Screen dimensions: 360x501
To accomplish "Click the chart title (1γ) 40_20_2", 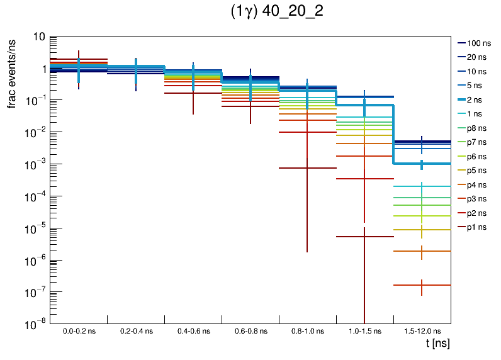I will tap(278, 13).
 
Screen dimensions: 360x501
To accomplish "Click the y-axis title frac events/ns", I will tap(12, 72).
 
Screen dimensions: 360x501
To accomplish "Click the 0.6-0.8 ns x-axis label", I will tap(250, 330).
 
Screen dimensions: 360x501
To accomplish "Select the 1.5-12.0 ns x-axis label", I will tap(422, 330).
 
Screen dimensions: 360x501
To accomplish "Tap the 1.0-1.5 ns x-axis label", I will tap(364, 330).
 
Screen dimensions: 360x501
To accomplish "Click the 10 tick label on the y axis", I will tap(38, 37).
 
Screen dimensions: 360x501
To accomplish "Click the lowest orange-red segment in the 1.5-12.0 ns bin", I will tap(409, 285).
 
